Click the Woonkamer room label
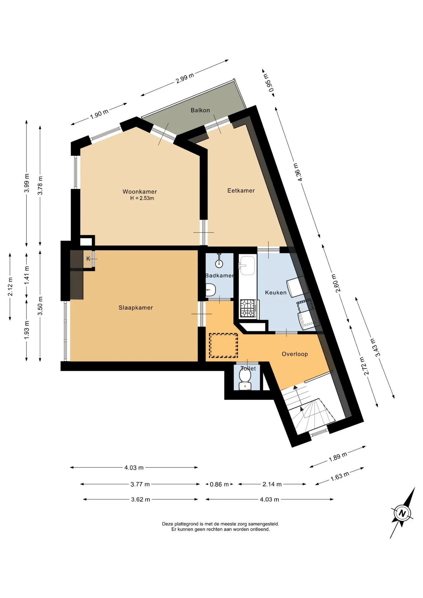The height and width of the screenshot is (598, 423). tap(140, 192)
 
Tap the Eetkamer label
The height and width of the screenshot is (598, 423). tap(241, 191)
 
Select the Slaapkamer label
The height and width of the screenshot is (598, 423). tap(136, 308)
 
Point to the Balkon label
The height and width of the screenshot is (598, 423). tap(200, 110)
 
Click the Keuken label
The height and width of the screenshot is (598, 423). tap(276, 292)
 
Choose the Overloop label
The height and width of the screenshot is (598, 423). tap(295, 354)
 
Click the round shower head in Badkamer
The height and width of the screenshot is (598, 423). tap(219, 264)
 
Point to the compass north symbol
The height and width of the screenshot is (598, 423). tap(402, 513)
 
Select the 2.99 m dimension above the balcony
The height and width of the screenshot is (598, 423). tap(185, 78)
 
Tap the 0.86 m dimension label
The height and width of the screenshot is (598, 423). tap(219, 484)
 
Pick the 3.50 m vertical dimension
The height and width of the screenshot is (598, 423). tap(40, 306)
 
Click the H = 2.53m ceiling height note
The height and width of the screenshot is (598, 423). tap(142, 198)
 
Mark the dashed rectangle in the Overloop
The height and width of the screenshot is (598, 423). tap(223, 345)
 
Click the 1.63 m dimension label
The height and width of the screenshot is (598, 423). tap(340, 476)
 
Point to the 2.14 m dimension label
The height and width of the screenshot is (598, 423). tap(272, 484)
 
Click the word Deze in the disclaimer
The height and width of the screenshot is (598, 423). tap(167, 524)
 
